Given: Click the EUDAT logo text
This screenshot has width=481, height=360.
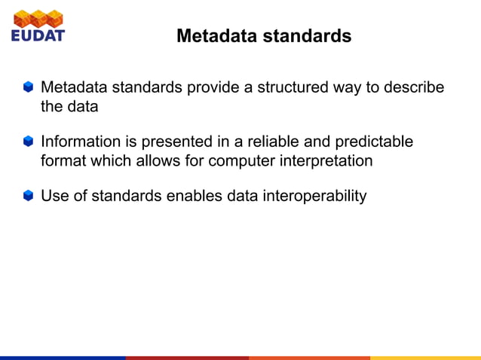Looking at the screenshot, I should (x=38, y=35).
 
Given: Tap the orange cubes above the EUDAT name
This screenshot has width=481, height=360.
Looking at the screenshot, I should (x=38, y=17).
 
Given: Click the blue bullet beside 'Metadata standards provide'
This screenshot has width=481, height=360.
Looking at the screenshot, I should (x=28, y=87).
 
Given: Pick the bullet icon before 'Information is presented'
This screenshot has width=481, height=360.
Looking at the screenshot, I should (x=28, y=142).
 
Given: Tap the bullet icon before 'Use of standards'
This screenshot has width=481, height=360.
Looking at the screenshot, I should (x=28, y=197).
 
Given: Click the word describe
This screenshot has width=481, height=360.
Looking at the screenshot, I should (x=415, y=87).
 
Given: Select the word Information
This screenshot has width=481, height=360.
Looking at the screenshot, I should (x=80, y=142).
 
